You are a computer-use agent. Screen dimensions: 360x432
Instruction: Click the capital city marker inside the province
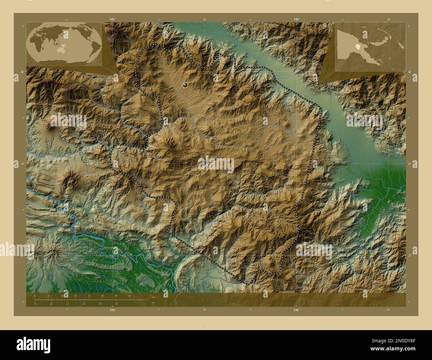pos(185,85)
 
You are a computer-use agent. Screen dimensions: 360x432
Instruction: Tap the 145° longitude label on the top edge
pos(112,20)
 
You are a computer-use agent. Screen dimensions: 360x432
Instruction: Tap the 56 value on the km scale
pos(129,296)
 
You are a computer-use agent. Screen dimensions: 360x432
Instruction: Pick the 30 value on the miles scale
pos(116,304)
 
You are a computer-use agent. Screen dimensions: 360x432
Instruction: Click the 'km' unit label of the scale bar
pos(153,297)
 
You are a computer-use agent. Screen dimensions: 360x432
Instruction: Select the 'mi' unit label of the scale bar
pos(153,303)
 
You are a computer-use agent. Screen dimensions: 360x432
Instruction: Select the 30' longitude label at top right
pos(388,20)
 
